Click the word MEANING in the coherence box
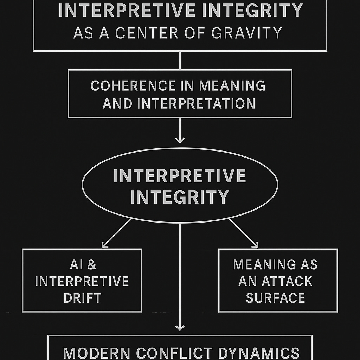click(232, 86)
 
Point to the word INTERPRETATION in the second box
click(196, 103)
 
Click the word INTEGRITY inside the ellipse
click(180, 197)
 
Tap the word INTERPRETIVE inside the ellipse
click(180, 176)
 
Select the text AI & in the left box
click(83, 265)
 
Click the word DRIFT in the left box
click(82, 298)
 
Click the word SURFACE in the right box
click(275, 298)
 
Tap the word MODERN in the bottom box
click(96, 353)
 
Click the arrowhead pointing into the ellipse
click(180, 140)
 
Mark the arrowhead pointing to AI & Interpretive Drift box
click(104, 245)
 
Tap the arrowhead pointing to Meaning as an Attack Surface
click(256, 245)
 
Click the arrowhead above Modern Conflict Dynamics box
click(180, 328)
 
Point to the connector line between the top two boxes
click(180, 60)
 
